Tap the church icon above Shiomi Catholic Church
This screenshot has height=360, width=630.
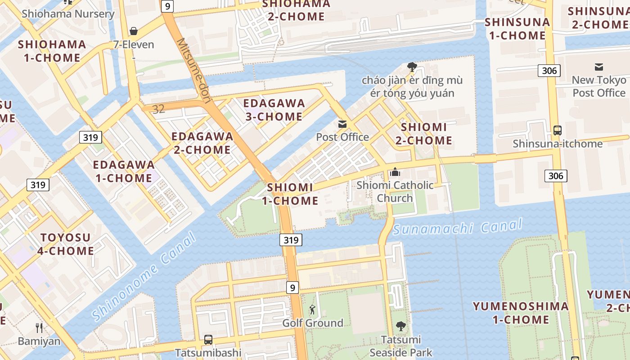(395, 172)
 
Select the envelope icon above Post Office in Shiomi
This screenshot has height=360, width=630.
(342, 124)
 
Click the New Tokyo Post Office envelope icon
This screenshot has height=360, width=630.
(599, 67)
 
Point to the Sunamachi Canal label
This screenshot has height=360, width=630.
(457, 227)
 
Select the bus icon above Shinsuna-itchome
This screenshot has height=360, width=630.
(557, 130)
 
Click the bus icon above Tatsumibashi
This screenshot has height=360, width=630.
(208, 340)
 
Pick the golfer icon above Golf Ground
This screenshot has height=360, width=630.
(312, 310)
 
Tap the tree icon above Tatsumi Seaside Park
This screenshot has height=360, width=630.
(400, 326)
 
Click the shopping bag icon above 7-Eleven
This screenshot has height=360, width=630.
(133, 31)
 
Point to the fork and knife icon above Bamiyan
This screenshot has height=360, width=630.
(39, 328)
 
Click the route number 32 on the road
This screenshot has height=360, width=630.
(158, 109)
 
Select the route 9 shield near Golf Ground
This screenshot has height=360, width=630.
(292, 287)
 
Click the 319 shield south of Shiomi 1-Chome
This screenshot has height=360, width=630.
(291, 240)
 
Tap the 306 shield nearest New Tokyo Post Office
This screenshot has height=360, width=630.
(549, 70)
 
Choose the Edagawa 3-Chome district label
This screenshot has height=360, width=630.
(274, 110)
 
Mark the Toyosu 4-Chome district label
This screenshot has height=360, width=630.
(66, 244)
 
